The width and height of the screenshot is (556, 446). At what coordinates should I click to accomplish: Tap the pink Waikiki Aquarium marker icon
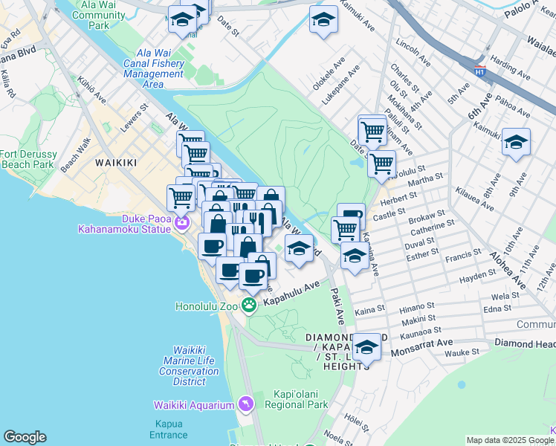pos(246,404)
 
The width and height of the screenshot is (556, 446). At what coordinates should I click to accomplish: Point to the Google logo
pos(25,437)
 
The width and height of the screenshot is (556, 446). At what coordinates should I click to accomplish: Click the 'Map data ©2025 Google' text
pos(510,440)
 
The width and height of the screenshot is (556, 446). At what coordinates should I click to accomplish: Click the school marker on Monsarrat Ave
pos(366,346)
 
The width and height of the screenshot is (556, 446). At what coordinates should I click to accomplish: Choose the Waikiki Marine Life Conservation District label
pos(189,366)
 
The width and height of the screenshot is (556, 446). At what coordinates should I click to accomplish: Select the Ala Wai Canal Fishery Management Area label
pos(153,69)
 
